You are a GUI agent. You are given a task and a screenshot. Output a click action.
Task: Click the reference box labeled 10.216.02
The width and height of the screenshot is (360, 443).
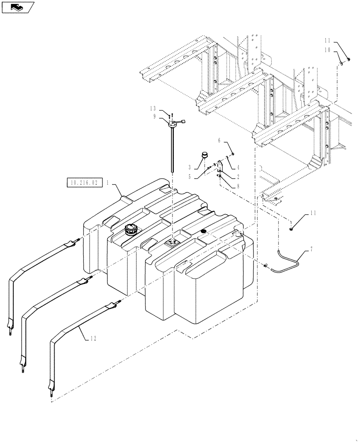[85, 182]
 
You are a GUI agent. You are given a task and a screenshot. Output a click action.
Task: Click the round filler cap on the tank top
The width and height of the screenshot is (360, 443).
[131, 229]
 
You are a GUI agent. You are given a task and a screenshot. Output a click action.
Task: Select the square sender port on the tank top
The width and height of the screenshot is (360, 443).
[171, 242]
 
